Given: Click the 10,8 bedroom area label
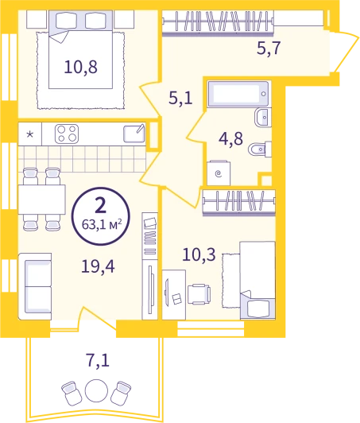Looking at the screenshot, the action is click(x=80, y=67).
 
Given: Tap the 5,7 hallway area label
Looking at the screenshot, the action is click(x=269, y=49).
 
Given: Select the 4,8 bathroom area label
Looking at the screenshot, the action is click(x=230, y=139).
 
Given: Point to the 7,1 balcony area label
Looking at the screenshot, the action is click(x=98, y=360).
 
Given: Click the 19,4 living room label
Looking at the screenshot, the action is click(x=99, y=266).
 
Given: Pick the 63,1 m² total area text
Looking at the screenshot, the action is click(x=102, y=224).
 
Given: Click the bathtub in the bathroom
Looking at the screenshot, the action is click(x=238, y=94).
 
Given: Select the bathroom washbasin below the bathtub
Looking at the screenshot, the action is click(x=263, y=118).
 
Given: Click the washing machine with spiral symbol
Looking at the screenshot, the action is click(x=219, y=173).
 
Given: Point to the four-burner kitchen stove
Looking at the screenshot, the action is click(x=67, y=134).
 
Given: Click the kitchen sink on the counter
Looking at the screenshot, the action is click(x=134, y=134).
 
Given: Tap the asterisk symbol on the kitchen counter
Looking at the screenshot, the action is click(x=29, y=134).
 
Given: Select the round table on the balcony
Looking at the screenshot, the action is click(x=96, y=390).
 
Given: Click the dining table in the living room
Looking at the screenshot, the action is click(x=42, y=200).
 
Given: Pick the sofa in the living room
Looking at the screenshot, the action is click(x=35, y=286).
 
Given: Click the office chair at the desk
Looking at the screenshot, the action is click(x=199, y=294).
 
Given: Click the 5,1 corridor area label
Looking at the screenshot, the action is click(x=180, y=98).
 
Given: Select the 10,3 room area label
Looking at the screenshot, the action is click(x=199, y=254).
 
